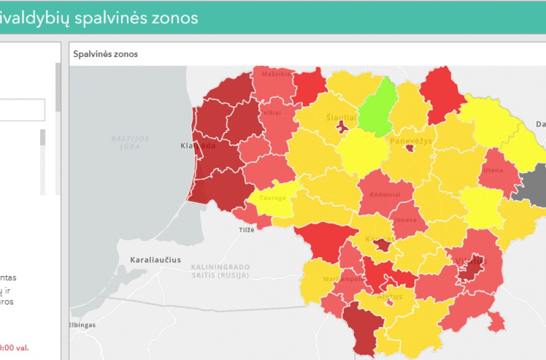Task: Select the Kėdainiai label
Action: tap(385, 194)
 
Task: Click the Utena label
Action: tap(493, 170)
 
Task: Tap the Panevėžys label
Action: tap(410, 141)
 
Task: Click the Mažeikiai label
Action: tap(276, 74)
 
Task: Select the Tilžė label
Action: tap(246, 229)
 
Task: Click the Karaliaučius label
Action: tap(156, 259)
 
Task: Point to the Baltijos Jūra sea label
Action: tap(131, 143)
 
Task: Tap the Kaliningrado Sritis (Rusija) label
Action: tap(221, 271)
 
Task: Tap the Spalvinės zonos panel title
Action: tap(106, 54)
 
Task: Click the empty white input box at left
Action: tap(22, 110)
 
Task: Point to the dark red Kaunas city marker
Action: tap(382, 246)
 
